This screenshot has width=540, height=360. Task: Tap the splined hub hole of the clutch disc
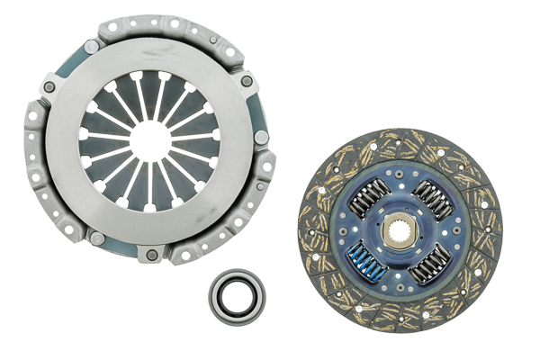(x=399, y=231)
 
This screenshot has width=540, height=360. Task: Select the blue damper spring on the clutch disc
(x=367, y=261)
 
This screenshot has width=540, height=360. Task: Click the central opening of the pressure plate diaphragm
(x=150, y=140)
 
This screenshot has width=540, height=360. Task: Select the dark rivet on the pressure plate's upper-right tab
(x=247, y=81)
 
